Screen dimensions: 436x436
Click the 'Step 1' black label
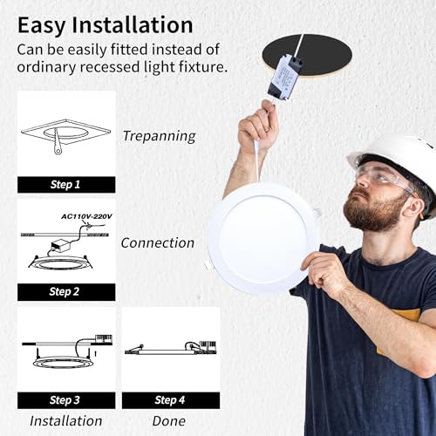(66, 185)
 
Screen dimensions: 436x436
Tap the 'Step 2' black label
(66, 292)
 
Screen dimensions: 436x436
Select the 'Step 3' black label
(66, 400)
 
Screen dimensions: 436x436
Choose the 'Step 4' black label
(171, 400)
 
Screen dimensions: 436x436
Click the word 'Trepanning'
(160, 136)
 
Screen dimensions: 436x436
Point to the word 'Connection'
(158, 243)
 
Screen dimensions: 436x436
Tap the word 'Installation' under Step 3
(66, 421)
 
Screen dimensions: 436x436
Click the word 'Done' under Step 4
(169, 421)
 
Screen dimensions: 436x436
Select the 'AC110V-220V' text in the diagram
(86, 216)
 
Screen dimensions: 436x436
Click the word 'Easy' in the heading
(41, 26)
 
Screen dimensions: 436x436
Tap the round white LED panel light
(263, 238)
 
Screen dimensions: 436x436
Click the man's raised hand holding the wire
(258, 127)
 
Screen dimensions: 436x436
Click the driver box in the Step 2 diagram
(61, 246)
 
